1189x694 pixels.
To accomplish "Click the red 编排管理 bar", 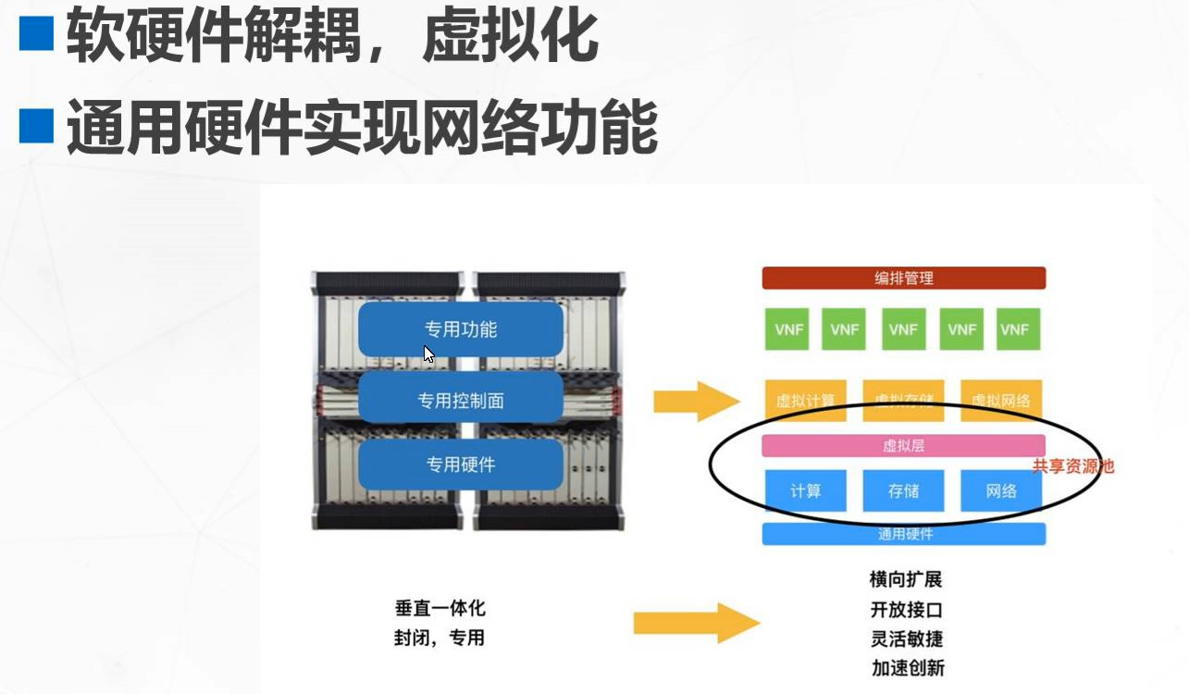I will [903, 278].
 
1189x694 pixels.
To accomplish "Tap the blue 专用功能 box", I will [461, 328].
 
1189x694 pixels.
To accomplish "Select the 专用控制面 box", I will [460, 401].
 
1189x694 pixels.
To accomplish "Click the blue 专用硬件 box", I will [460, 464].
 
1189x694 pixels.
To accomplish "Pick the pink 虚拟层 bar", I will [903, 445].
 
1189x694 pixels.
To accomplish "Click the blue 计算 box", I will [805, 490].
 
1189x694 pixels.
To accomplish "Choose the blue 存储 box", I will [903, 490].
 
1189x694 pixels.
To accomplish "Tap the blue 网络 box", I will [1001, 490].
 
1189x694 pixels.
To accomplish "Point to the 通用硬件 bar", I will [903, 534].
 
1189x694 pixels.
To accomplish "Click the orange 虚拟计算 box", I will [805, 401].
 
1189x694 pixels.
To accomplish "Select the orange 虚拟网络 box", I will [1001, 401].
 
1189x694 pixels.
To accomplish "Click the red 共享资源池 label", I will [1073, 466].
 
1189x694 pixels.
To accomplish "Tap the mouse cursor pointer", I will [428, 353].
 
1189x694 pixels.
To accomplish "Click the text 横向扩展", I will [906, 580].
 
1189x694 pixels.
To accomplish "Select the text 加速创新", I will [907, 667].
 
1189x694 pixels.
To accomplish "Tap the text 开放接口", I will [906, 610].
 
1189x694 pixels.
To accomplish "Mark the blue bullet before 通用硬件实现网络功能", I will [37, 126].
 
